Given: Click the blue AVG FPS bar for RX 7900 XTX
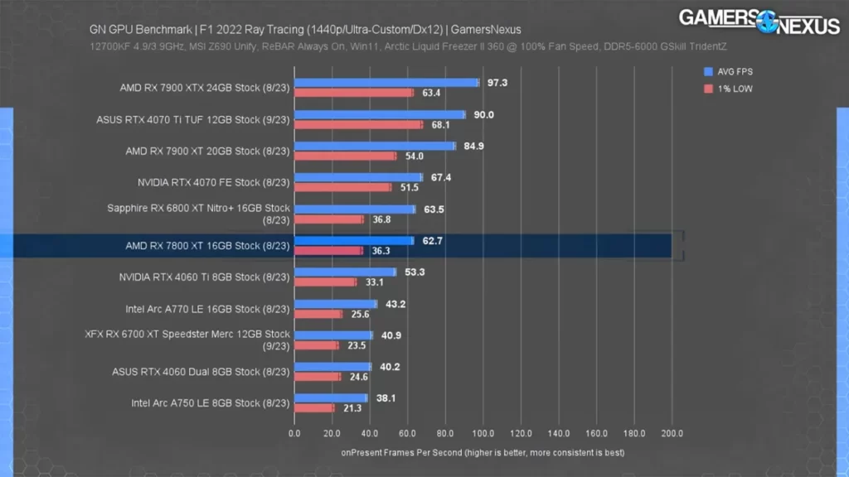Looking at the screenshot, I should coord(386,83).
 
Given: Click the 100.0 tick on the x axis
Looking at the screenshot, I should coord(483,432).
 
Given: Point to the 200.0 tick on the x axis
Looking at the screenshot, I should coord(672,432).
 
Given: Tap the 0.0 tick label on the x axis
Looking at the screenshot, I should coord(294,432).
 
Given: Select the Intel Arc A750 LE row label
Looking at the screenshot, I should coord(211,403).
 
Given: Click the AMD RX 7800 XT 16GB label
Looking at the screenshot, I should coord(207,246).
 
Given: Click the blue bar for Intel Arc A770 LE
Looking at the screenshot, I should coord(335,304).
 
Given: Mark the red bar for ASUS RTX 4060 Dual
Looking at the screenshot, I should coord(317,377).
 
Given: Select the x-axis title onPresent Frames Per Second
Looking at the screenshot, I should coord(483,453).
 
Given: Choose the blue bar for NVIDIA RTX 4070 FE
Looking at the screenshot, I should coord(358,177).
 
